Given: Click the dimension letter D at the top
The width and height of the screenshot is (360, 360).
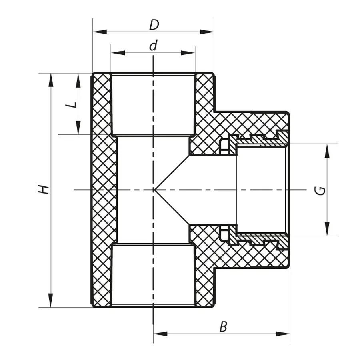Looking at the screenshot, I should click(x=154, y=25).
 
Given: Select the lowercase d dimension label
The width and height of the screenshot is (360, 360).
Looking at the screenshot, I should click(x=152, y=46).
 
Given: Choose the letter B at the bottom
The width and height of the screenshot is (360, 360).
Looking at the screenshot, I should click(x=223, y=327).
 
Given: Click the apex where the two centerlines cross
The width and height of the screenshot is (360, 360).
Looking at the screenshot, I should click(x=154, y=189).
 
